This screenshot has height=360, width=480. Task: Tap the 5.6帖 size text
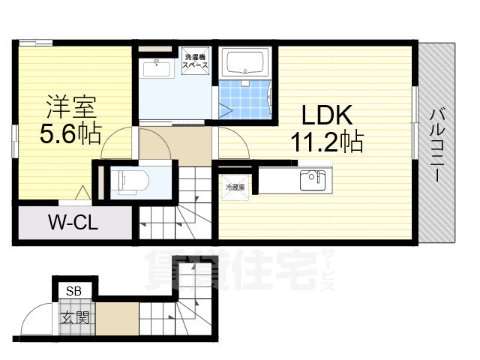coord(70,135)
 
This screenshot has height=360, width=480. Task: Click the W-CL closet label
coord(73,223)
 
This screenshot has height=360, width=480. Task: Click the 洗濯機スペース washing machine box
coord(196,60)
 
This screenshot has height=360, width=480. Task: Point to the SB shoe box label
coord(73,290)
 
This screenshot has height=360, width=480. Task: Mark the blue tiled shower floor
coord(244,100)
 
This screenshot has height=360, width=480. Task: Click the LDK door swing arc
coord(231,141)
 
